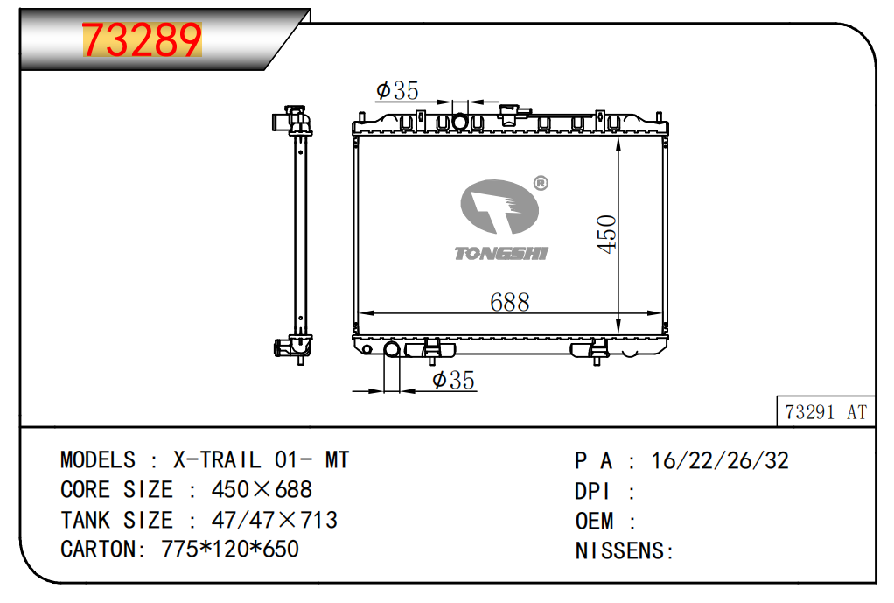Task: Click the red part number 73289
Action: click(x=142, y=40)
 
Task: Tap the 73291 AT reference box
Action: click(x=826, y=411)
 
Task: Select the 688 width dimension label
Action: click(x=510, y=302)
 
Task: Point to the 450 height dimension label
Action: click(x=607, y=234)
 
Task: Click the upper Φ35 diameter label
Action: click(x=397, y=90)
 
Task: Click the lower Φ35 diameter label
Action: click(x=453, y=380)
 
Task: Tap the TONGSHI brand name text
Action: click(x=501, y=253)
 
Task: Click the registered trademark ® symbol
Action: click(x=541, y=183)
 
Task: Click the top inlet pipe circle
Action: click(x=459, y=122)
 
